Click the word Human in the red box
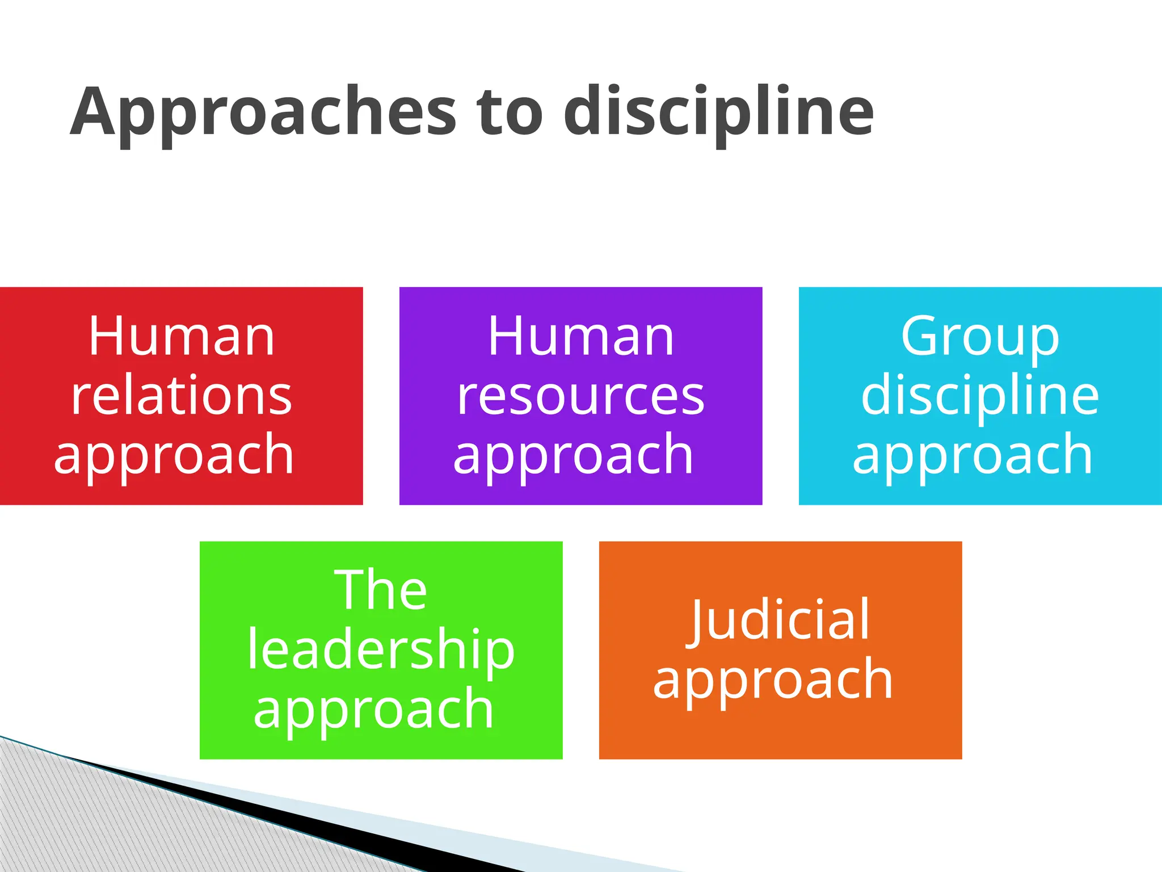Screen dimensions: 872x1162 [x=182, y=337]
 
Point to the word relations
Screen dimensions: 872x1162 [x=182, y=396]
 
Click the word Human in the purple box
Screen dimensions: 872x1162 [x=581, y=337]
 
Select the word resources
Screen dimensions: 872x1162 [x=581, y=396]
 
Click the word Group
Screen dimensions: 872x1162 [x=980, y=338]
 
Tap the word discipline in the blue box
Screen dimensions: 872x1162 [x=980, y=396]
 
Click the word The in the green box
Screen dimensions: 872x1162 [x=381, y=590]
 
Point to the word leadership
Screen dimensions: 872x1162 [x=381, y=650]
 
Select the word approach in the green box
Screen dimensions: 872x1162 [x=374, y=709]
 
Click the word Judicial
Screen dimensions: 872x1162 [x=780, y=620]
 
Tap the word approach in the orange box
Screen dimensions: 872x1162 [x=773, y=680]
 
